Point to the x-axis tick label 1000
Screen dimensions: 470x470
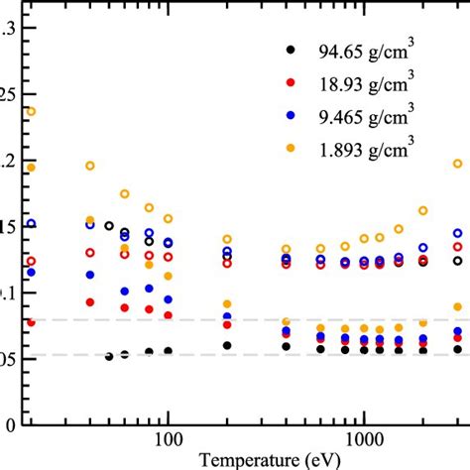pyautogui.click(x=364, y=439)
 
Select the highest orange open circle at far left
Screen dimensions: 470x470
pyautogui.click(x=31, y=111)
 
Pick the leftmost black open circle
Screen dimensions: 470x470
pyautogui.click(x=109, y=226)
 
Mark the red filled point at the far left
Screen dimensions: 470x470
pyautogui.click(x=31, y=321)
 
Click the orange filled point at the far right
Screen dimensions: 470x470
pyautogui.click(x=458, y=307)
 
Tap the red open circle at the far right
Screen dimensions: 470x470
pyautogui.click(x=458, y=247)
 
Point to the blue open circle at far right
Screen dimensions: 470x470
pyautogui.click(x=458, y=233)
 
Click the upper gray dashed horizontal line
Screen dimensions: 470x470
pyautogui.click(x=248, y=319)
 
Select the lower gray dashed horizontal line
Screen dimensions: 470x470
pyautogui.click(x=248, y=354)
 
